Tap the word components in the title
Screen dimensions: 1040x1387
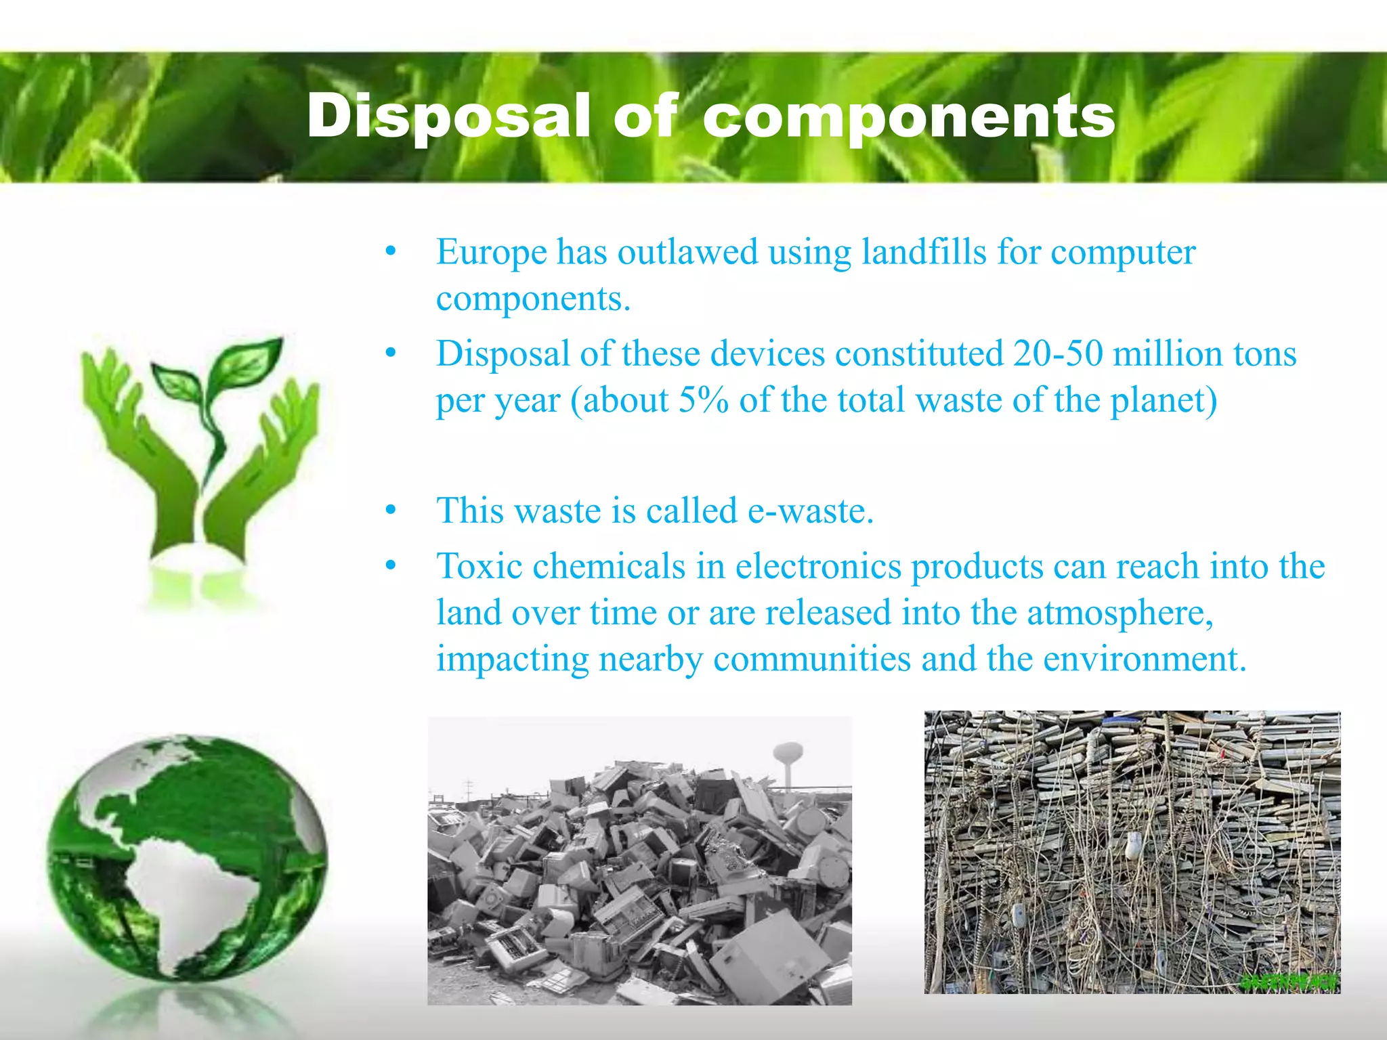[x=909, y=116]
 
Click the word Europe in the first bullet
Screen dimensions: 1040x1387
[x=491, y=252]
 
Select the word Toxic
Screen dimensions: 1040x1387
[x=479, y=566]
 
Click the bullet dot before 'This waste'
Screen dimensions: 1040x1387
[x=390, y=511]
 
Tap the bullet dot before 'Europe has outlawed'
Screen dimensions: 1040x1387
[x=390, y=252]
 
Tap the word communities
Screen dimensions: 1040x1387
[x=812, y=659]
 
